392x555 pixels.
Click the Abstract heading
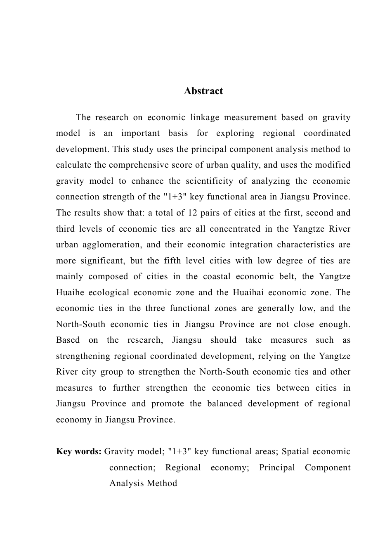point(203,91)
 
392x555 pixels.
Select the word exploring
point(233,133)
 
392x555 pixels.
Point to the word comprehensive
point(124,165)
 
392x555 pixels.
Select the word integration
point(251,245)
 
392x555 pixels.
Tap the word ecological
point(109,293)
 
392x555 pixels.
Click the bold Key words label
point(78,451)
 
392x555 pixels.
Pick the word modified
point(332,165)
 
